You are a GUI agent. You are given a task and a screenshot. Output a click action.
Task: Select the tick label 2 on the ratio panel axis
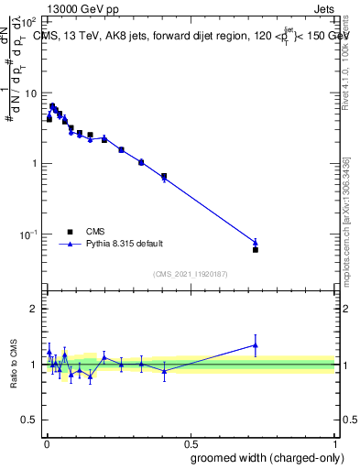[x=35, y=309]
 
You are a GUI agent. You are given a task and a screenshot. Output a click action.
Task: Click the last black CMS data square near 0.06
[x=256, y=249]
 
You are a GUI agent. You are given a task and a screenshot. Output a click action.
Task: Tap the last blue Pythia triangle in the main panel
[x=256, y=243]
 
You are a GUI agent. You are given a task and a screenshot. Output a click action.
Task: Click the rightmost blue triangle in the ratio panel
[x=256, y=345]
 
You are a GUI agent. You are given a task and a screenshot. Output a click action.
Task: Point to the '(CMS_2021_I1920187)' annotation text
[x=191, y=274]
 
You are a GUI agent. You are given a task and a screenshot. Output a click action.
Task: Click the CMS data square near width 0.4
[x=164, y=176]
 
